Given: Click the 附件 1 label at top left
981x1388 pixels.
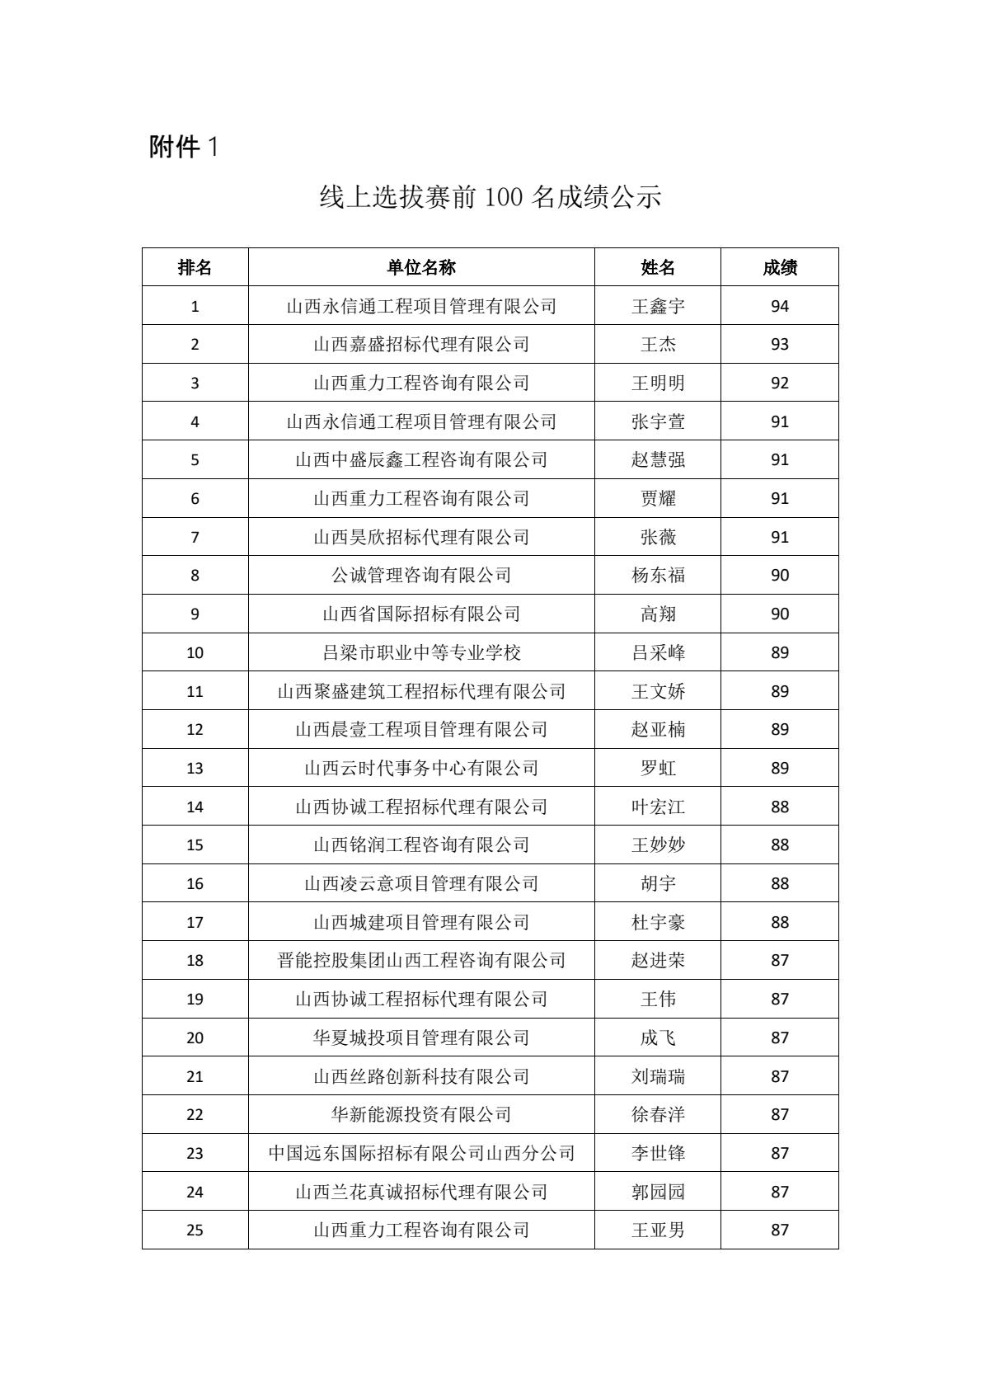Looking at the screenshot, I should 183,147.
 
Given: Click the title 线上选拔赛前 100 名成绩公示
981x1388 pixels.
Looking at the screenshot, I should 490,197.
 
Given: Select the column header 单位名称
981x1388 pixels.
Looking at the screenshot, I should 421,267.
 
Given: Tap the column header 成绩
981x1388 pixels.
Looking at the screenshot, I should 779,267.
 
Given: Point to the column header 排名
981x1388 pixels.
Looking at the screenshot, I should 195,267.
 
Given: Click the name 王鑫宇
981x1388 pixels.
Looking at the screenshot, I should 658,306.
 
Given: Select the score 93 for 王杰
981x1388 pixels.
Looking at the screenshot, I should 779,345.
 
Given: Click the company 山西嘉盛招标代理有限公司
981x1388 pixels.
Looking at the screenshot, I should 421,345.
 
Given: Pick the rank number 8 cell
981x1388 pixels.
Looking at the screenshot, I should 195,576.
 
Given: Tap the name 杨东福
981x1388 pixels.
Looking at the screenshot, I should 658,576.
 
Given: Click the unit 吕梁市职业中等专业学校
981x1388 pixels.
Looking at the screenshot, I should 421,652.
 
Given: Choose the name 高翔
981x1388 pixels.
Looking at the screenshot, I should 658,614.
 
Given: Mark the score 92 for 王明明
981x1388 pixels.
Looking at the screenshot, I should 779,383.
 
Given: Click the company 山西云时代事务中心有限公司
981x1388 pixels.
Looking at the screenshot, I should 421,768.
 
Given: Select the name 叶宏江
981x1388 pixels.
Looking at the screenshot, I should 658,807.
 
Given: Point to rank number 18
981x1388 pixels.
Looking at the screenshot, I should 195,960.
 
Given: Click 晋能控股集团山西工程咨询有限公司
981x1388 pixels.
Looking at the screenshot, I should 421,960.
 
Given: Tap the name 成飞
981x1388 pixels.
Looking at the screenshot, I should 658,1037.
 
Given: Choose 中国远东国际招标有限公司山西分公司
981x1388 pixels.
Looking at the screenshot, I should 421,1153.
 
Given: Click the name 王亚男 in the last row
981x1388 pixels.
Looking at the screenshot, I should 658,1230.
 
